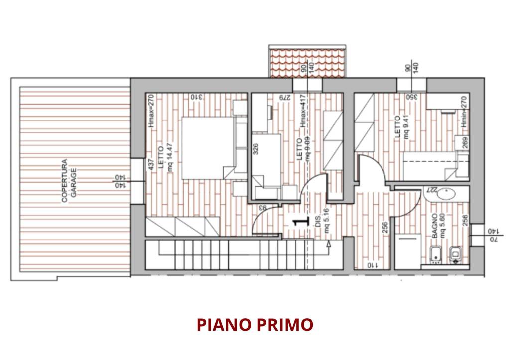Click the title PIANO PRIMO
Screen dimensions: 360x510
click(x=255, y=325)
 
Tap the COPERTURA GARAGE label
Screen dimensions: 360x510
click(x=68, y=181)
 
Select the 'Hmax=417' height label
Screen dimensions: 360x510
click(x=301, y=116)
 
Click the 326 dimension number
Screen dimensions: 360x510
click(x=256, y=150)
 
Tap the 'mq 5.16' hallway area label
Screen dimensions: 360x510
click(x=327, y=222)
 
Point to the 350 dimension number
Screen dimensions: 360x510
click(x=411, y=97)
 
